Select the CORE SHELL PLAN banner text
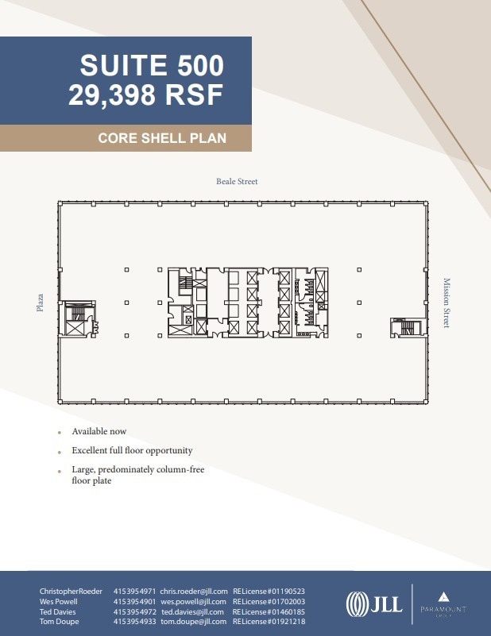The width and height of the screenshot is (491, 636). point(162,138)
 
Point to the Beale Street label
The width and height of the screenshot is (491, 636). point(237,182)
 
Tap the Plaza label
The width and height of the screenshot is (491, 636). point(40,303)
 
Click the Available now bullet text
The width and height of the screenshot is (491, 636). point(99,432)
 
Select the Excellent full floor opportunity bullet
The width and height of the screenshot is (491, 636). point(132,451)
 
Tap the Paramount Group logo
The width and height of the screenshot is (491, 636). point(443,604)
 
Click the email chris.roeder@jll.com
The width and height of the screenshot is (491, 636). point(194,592)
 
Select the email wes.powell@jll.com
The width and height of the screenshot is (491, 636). point(195,602)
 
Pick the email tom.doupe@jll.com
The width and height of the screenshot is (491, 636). point(195,623)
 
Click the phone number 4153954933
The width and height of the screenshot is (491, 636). point(134,623)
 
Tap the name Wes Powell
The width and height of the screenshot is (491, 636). point(59,602)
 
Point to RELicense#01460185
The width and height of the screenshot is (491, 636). point(269,612)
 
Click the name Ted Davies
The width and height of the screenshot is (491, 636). point(57,612)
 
